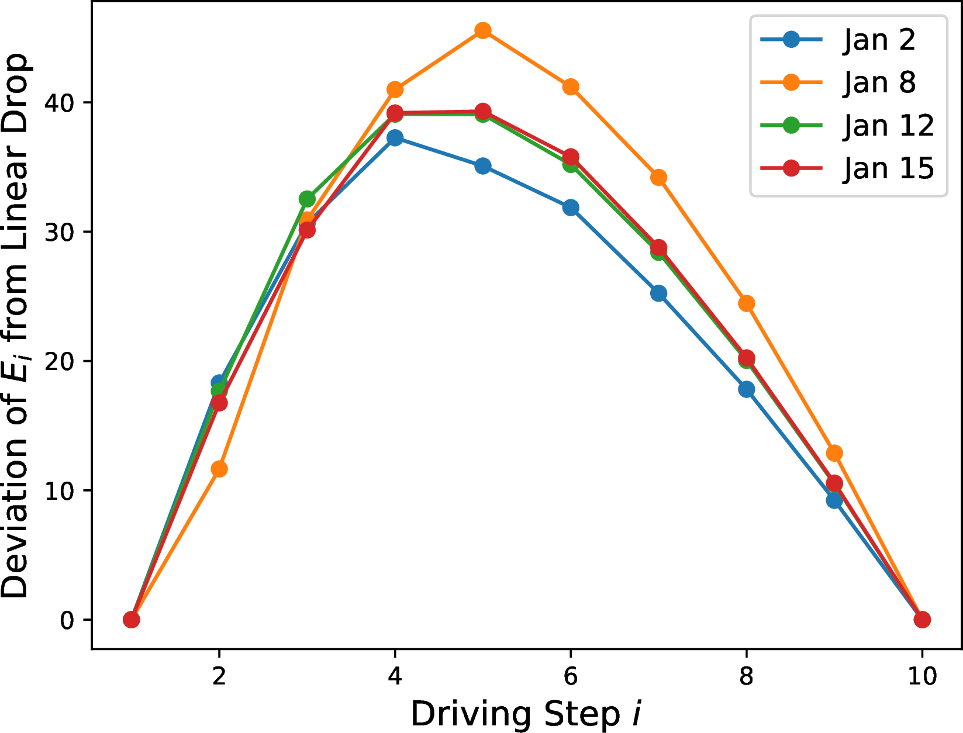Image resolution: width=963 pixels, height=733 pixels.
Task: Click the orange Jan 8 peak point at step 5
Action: click(x=482, y=30)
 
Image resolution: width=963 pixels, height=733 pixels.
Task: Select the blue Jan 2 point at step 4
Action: click(x=395, y=138)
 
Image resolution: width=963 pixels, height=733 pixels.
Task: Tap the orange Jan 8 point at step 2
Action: click(x=219, y=469)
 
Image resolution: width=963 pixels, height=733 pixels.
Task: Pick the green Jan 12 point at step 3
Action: click(x=307, y=199)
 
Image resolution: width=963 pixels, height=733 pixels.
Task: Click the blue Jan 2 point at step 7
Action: click(x=658, y=293)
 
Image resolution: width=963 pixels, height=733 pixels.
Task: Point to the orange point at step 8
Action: click(x=746, y=303)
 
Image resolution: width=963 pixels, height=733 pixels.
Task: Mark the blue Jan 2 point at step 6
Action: click(x=571, y=208)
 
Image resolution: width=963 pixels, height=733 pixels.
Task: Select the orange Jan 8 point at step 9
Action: click(x=834, y=453)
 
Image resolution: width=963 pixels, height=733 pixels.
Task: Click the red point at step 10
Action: click(x=922, y=620)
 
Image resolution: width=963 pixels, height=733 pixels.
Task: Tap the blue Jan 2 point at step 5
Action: click(x=482, y=166)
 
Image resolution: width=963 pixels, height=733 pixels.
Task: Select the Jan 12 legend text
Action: click(x=888, y=125)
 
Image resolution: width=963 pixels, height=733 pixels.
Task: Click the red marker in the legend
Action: click(x=791, y=168)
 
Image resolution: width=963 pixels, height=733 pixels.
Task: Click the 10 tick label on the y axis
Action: click(x=60, y=490)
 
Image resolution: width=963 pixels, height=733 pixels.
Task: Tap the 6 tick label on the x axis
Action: click(x=571, y=676)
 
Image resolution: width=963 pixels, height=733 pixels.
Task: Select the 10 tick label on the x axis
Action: click(x=922, y=676)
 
